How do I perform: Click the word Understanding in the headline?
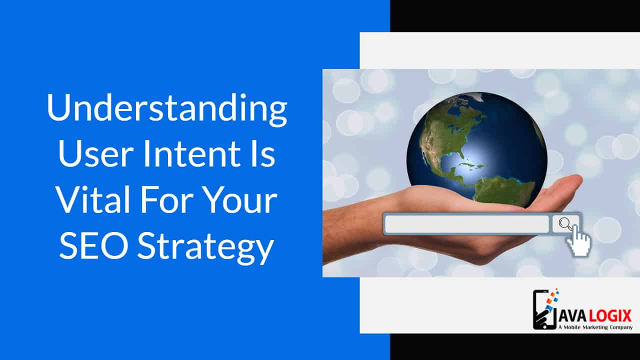click(167, 109)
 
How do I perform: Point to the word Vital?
click(93, 199)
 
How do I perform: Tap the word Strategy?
click(205, 248)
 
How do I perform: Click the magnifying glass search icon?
click(565, 223)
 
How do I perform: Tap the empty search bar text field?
click(467, 224)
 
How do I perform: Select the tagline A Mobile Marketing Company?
click(595, 327)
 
